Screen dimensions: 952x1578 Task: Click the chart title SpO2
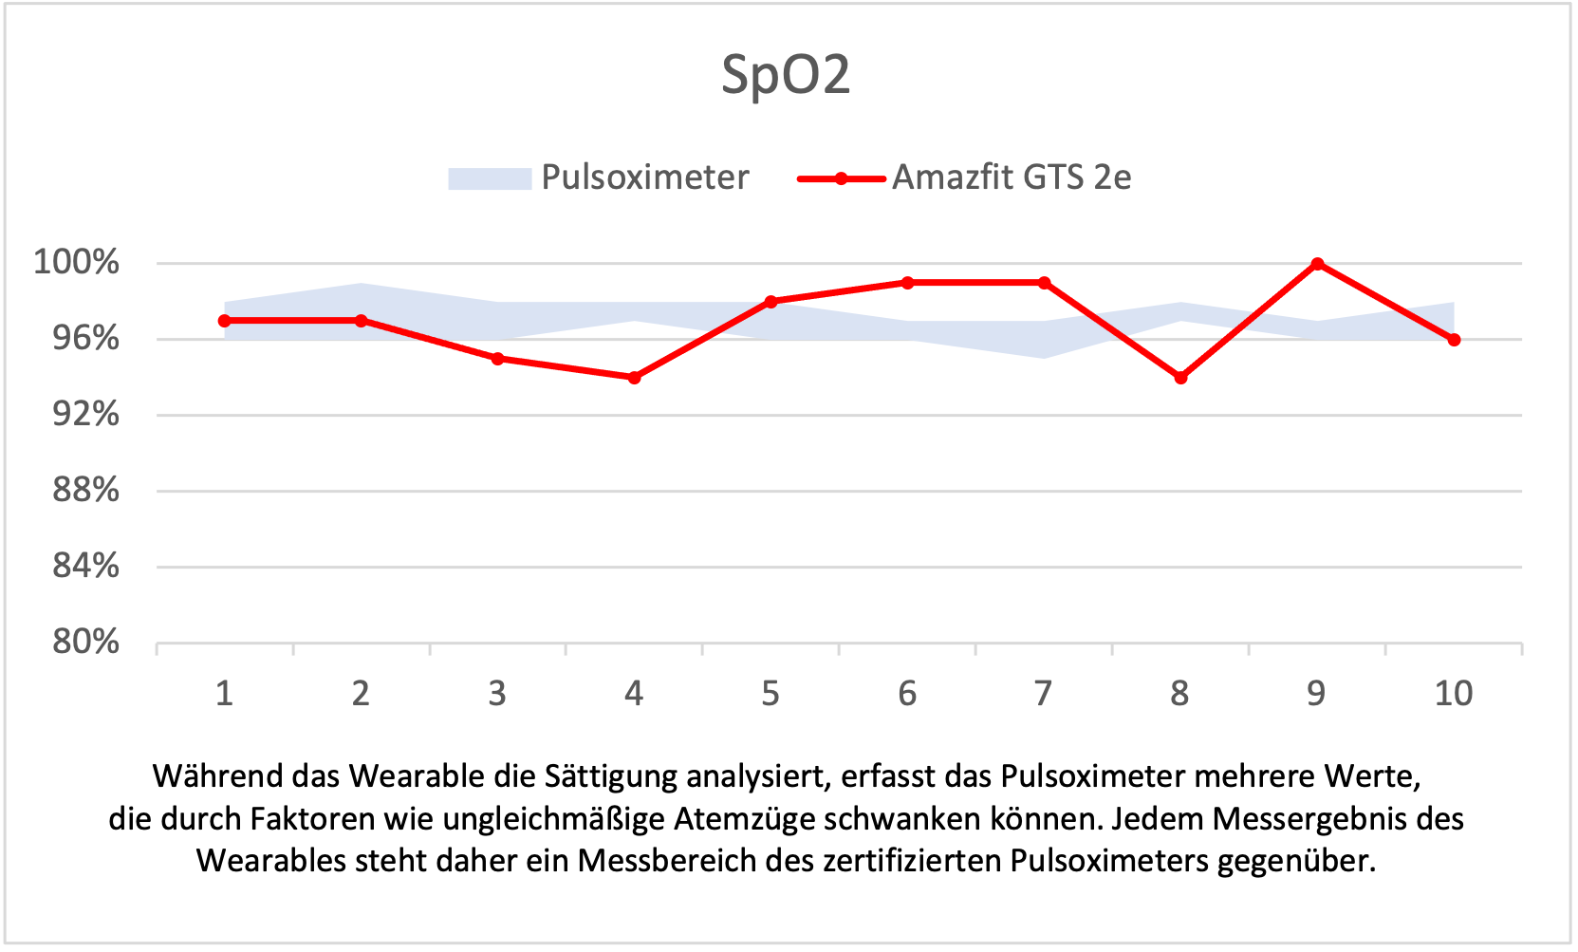pos(786,75)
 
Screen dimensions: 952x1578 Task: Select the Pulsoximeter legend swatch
pos(489,178)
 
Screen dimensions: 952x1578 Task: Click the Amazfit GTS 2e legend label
pos(1012,177)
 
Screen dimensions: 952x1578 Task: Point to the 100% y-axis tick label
pos(77,262)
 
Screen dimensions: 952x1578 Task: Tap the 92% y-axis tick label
pos(85,414)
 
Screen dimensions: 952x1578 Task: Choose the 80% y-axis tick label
pos(85,642)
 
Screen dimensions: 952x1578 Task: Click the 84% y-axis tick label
pos(85,566)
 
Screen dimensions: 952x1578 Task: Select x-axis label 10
pos(1453,694)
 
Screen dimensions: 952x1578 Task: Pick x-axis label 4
pos(634,694)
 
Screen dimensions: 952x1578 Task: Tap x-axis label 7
pos(1044,694)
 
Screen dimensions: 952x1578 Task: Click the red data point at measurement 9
pos(1317,264)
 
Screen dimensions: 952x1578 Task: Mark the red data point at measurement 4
pos(634,378)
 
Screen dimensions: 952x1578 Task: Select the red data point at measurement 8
pos(1180,378)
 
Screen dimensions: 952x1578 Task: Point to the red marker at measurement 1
pos(224,321)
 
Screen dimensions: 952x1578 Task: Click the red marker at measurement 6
pos(907,283)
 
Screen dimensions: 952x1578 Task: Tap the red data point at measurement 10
pos(1454,340)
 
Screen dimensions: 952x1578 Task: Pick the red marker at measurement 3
pos(497,359)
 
